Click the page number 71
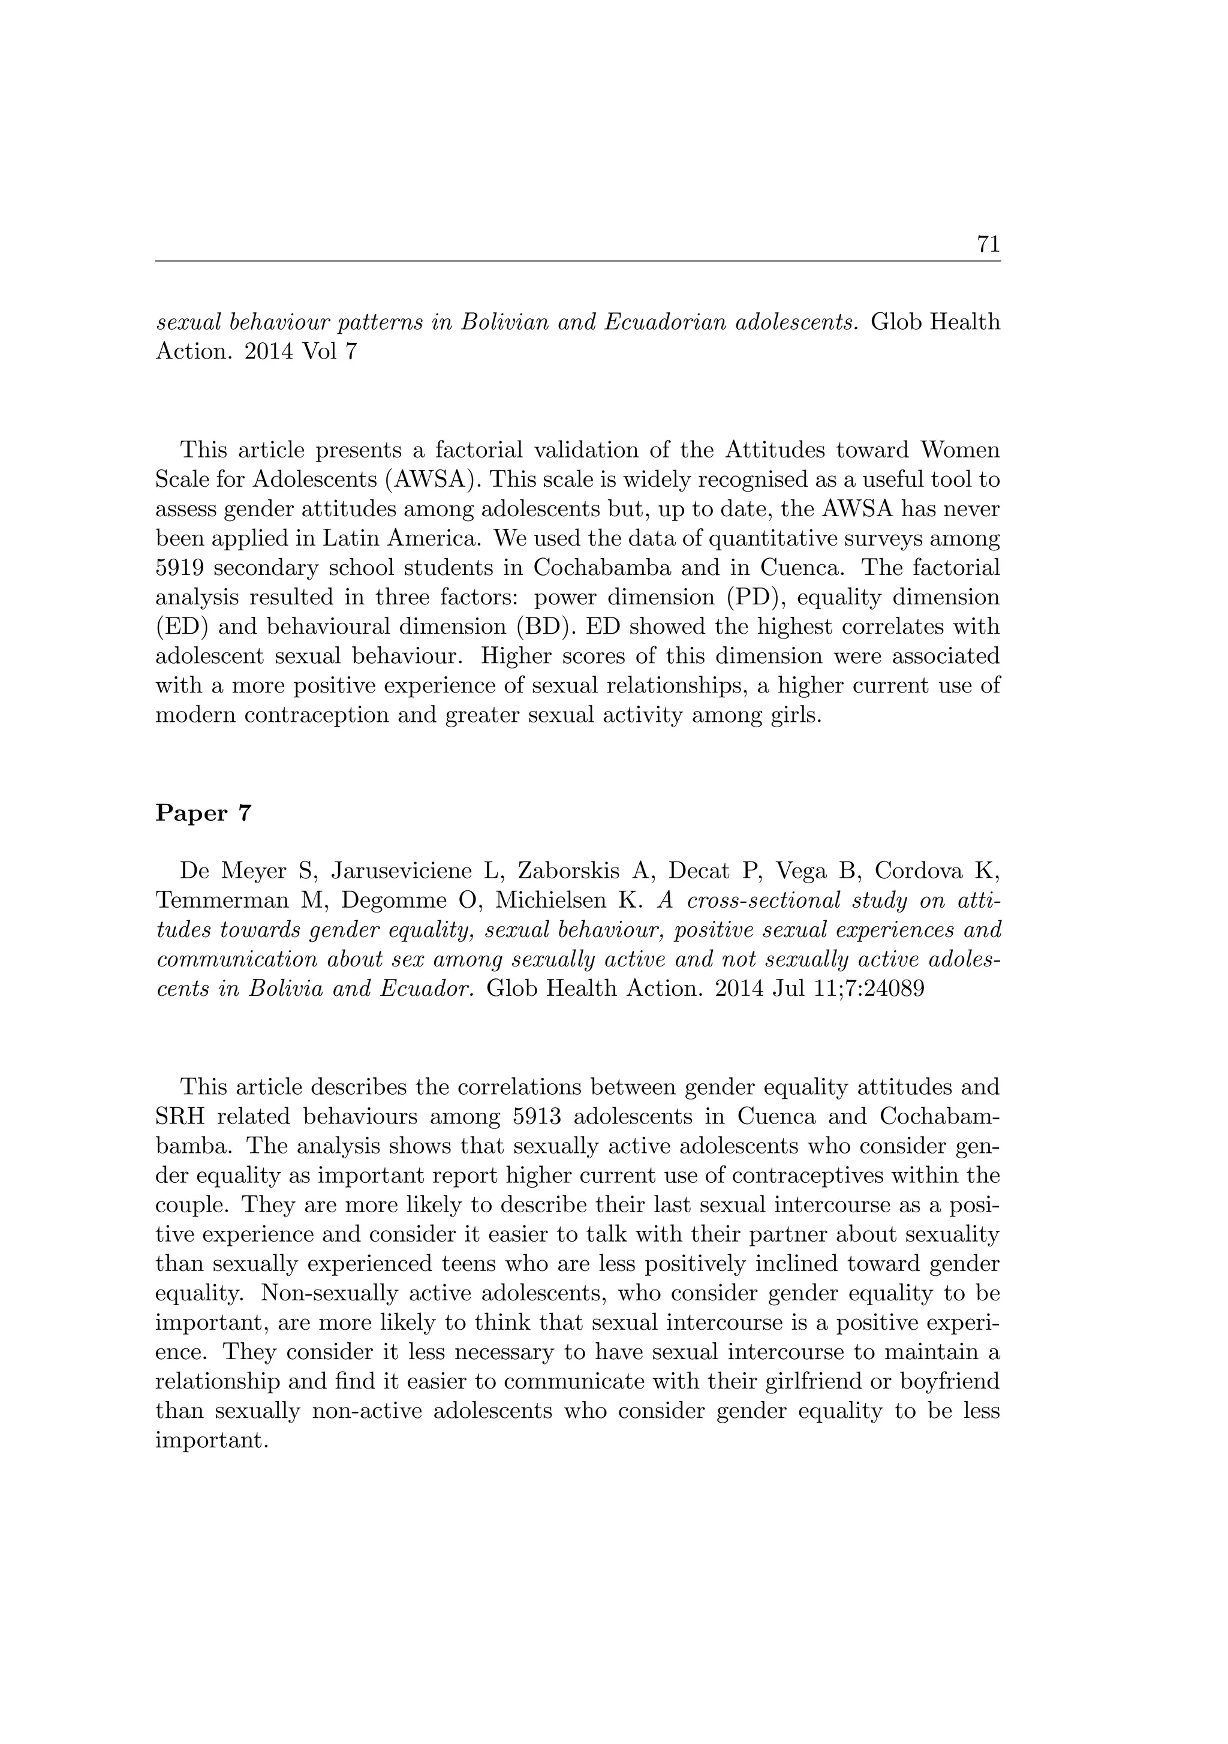(x=988, y=244)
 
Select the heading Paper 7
(x=203, y=814)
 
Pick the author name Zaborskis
(x=563, y=871)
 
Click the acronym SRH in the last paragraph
(x=179, y=1116)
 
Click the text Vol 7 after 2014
(x=328, y=353)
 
